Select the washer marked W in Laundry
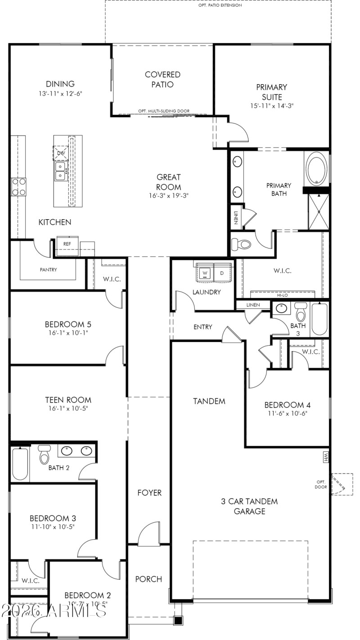point(205,273)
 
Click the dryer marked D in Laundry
point(221,273)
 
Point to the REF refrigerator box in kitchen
point(67,243)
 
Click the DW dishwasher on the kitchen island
point(61,153)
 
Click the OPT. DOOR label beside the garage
point(320,484)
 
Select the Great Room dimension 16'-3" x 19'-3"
point(169,196)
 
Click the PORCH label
point(148,579)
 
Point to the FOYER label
point(149,493)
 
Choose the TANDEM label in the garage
point(209,401)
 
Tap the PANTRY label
point(49,270)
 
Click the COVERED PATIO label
point(162,79)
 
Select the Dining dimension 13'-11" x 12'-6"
point(60,94)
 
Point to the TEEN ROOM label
point(68,400)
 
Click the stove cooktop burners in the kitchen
point(18,187)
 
